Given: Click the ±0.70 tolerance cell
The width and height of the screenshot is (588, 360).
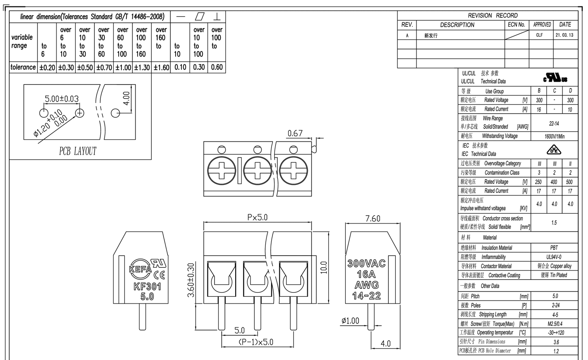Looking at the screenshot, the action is [104, 68].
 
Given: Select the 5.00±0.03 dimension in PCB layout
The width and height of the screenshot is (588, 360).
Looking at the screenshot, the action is [62, 99].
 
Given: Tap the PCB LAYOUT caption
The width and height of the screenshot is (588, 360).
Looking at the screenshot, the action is [78, 151].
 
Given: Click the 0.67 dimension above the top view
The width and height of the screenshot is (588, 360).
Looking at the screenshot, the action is [295, 133].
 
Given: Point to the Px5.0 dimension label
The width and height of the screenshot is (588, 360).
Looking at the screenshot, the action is [257, 217].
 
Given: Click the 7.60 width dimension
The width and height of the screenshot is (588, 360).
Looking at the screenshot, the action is [373, 218].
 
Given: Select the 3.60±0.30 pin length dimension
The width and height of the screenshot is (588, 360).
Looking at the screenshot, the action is [191, 280].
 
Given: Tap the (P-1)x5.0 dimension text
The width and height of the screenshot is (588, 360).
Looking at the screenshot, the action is [256, 342].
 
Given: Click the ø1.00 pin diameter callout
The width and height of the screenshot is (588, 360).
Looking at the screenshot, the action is [350, 321].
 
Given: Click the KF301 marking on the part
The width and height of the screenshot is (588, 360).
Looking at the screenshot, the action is [147, 286].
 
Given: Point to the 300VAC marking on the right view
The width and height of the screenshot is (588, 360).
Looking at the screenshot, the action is [366, 263].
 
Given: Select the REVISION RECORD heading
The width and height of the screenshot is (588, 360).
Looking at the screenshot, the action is [493, 15].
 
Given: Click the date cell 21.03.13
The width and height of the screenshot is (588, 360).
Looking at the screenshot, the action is [564, 35].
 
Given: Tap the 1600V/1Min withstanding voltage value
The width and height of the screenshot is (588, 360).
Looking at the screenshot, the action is [555, 136].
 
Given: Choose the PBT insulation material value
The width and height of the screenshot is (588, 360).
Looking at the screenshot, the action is [554, 248].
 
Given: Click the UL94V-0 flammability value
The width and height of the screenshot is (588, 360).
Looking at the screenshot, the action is [554, 257].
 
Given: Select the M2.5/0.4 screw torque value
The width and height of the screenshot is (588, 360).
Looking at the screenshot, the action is [555, 324].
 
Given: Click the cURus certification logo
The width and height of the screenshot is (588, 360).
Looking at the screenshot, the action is [555, 78].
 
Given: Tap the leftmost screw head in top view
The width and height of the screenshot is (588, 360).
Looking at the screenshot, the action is [222, 170].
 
